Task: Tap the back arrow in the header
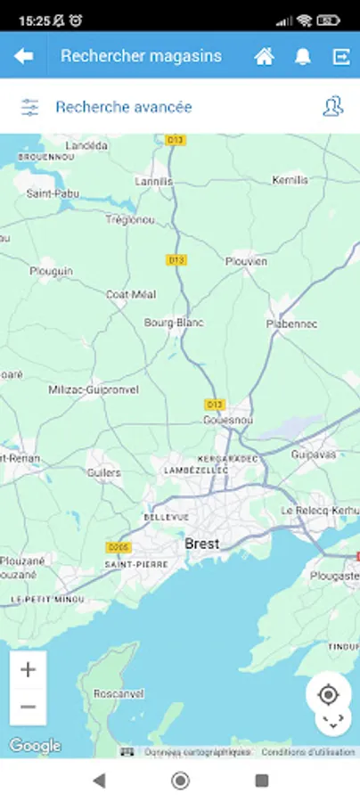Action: (x=24, y=56)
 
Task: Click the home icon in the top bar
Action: (x=264, y=56)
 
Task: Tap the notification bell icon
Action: (x=303, y=56)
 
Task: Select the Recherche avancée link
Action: (x=123, y=107)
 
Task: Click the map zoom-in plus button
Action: (x=28, y=670)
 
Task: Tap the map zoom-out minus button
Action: (x=28, y=707)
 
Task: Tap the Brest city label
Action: (x=201, y=543)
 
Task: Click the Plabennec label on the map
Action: (x=291, y=324)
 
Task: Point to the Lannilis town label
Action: (x=153, y=181)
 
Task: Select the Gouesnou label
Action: (x=228, y=419)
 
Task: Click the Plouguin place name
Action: (x=52, y=271)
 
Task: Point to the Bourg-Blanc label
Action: (x=174, y=323)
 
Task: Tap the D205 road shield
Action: (x=117, y=546)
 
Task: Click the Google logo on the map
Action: (x=36, y=746)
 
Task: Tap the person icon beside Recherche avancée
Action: (x=332, y=107)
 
